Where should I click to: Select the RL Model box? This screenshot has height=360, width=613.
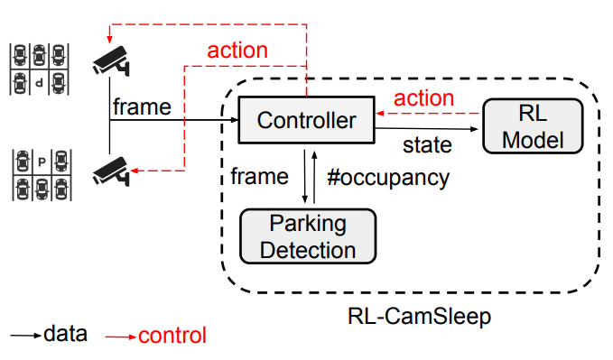[x=533, y=125]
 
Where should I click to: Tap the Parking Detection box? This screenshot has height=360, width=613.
[x=308, y=235]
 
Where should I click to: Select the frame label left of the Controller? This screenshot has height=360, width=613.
[x=141, y=107]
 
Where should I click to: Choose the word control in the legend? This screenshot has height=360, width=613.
[x=172, y=336]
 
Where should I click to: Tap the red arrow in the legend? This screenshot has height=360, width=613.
[x=120, y=337]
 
